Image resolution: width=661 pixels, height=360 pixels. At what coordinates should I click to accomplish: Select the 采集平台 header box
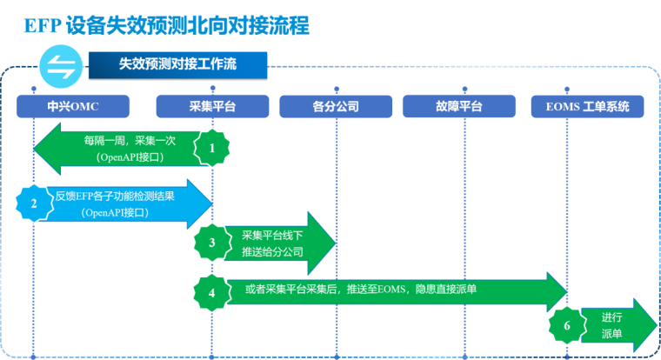pos(212,106)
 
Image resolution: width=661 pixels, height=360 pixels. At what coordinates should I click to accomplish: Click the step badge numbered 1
pos(211,147)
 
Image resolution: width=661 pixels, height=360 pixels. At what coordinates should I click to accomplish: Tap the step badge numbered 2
pos(34,203)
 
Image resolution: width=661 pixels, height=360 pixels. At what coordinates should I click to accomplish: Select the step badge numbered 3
pos(211,243)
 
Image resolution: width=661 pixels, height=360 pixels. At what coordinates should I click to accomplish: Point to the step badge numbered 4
pos(211,292)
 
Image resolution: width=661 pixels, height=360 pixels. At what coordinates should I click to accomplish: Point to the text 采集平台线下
pos(271,235)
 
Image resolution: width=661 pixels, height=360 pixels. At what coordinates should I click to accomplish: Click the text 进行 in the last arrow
pos(612,317)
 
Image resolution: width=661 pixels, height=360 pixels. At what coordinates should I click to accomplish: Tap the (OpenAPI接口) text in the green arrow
pos(129,157)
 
